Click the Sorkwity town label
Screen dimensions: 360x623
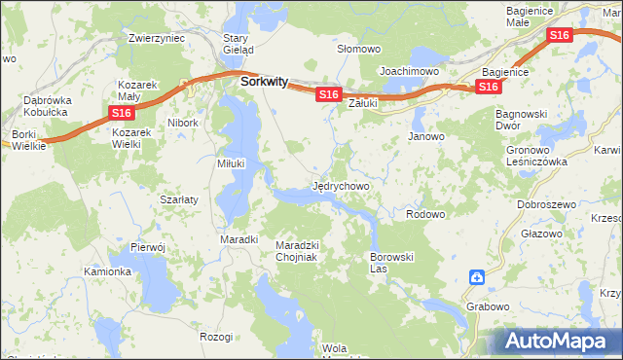(263, 83)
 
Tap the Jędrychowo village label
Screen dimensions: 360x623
(341, 185)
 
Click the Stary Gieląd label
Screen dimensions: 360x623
(238, 44)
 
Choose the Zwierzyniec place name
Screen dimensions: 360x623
(157, 39)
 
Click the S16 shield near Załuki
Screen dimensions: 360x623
(327, 94)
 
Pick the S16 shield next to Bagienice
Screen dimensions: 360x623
(489, 88)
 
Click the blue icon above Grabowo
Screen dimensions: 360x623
(477, 278)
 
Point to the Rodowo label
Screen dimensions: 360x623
(425, 214)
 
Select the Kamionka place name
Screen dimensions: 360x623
(107, 271)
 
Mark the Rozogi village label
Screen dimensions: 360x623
(216, 337)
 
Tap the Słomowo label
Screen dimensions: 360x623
(358, 49)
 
